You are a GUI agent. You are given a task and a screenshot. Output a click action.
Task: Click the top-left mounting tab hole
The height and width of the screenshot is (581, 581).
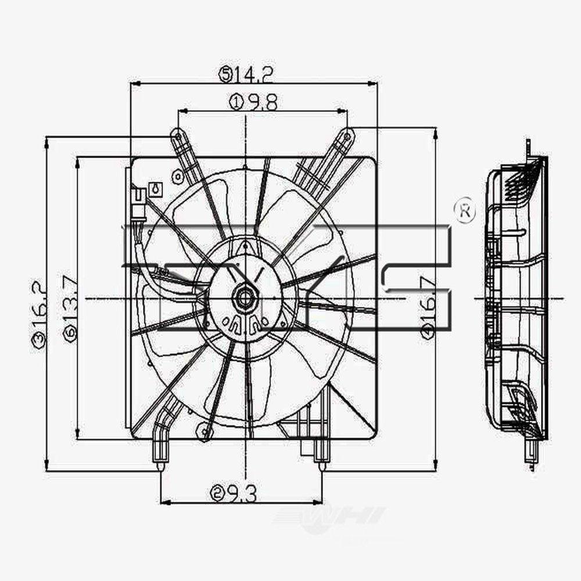pos(176,137)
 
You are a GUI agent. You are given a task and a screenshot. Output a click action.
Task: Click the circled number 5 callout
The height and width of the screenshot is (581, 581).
pos(225,74)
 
